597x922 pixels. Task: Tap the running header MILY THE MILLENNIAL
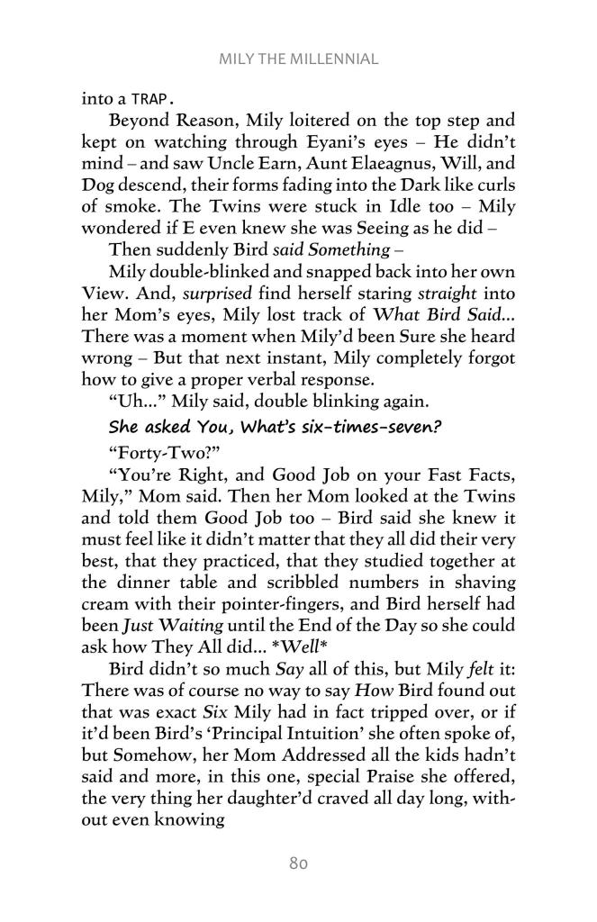click(x=298, y=59)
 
